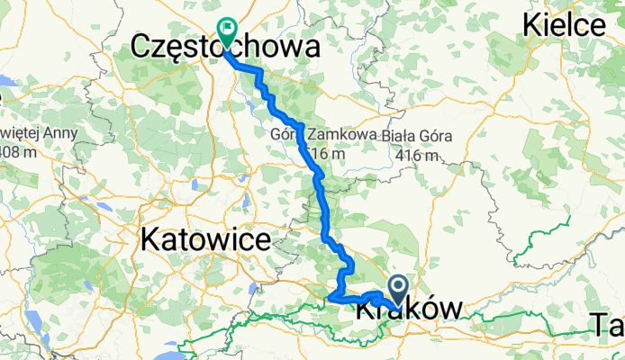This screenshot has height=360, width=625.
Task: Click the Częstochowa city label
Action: [x=225, y=48]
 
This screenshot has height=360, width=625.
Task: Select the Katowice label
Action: [x=204, y=240]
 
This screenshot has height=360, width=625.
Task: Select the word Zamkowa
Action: [x=342, y=135]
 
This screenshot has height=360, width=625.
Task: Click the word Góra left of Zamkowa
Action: [x=285, y=135]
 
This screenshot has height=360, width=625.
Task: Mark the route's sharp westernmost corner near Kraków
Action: [x=330, y=296]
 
